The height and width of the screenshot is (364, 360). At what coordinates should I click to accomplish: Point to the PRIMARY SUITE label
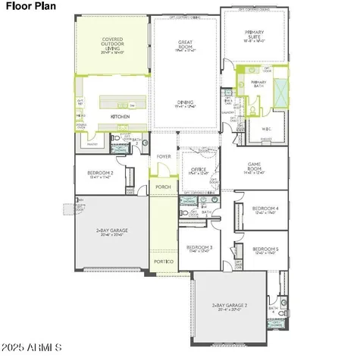254,34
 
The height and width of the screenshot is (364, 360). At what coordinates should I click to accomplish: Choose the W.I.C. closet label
266,129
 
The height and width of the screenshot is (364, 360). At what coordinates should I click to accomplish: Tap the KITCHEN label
120,117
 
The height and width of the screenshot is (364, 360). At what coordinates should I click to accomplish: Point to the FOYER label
164,157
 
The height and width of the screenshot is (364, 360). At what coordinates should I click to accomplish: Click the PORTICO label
164,262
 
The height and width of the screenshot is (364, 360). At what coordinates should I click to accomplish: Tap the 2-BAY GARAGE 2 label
228,306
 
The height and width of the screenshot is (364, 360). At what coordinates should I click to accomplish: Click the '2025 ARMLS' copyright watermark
32,347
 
